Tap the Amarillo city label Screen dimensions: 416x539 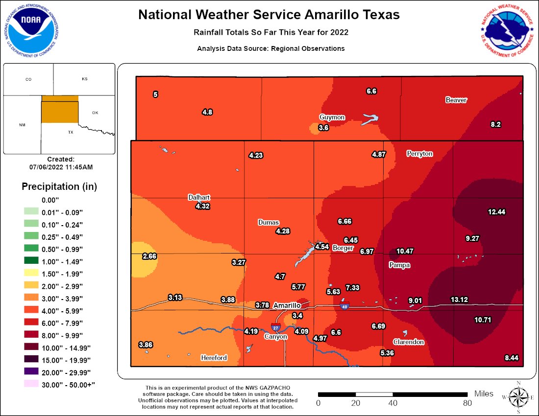[x=287, y=305]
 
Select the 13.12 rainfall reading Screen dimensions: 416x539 [x=460, y=300]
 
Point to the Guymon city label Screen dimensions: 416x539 [x=332, y=117]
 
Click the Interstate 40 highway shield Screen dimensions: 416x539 [x=344, y=307]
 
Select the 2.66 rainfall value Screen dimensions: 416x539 [x=149, y=256]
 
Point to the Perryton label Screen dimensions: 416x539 [x=419, y=154]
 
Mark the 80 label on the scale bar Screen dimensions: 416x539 [x=467, y=403]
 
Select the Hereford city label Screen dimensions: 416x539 [x=214, y=358]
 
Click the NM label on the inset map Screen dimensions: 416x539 [x=22, y=125]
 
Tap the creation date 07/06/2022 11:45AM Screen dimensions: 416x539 [x=61, y=167]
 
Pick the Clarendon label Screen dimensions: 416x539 [x=408, y=342]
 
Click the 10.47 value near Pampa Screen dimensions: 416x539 [x=405, y=251]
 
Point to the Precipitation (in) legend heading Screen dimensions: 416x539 [x=59, y=186]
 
